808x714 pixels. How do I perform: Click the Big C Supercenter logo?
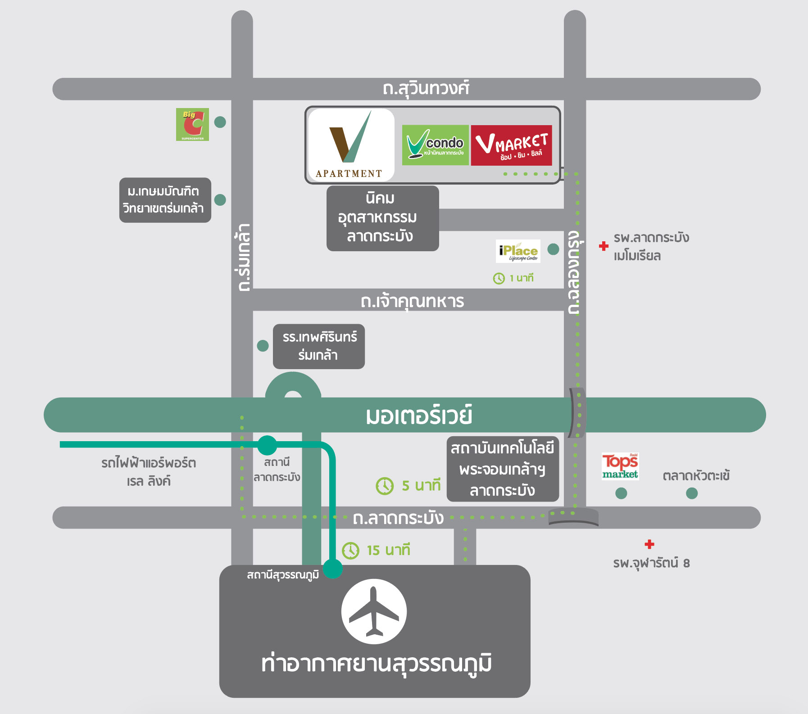click(192, 124)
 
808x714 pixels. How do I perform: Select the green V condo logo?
click(435, 145)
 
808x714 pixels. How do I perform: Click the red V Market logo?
click(511, 145)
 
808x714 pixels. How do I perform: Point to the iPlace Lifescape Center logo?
click(518, 251)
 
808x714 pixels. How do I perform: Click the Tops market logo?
click(620, 466)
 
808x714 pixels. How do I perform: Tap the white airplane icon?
click(374, 611)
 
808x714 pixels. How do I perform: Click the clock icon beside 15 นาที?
click(350, 551)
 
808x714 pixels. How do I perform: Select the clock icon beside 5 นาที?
click(385, 486)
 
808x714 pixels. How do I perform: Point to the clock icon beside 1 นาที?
click(499, 279)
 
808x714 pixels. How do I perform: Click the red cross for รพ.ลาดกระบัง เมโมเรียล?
click(604, 246)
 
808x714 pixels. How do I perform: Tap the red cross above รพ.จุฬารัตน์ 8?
click(649, 544)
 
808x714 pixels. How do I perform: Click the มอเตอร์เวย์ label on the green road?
click(419, 415)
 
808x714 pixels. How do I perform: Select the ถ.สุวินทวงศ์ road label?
click(426, 88)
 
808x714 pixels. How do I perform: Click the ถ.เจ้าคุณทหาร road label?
click(412, 301)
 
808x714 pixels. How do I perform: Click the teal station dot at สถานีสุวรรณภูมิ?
click(333, 569)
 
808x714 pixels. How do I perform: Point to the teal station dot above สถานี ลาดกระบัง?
click(267, 445)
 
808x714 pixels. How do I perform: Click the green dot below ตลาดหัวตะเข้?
click(692, 493)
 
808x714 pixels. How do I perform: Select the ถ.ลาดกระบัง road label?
click(398, 518)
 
